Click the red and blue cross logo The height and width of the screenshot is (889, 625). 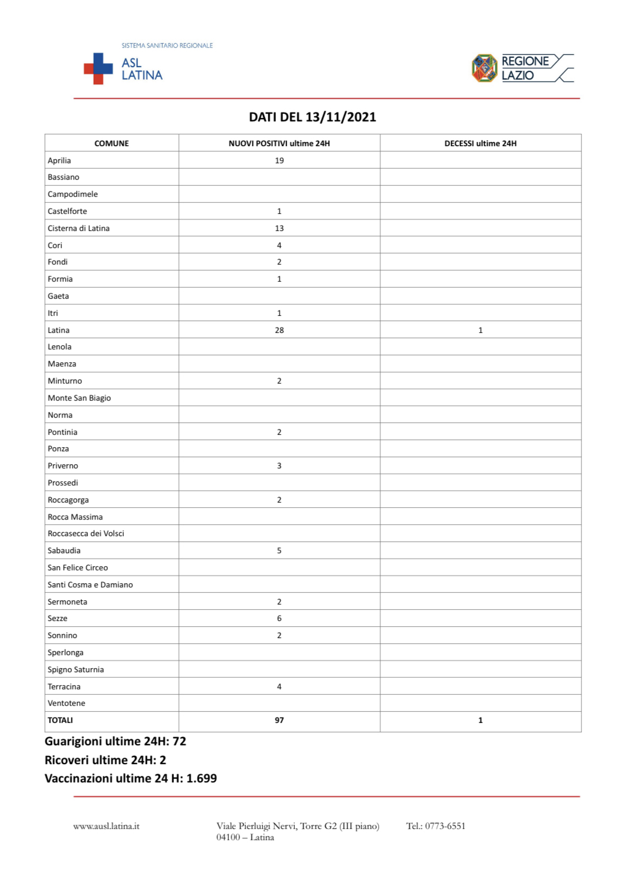(x=98, y=68)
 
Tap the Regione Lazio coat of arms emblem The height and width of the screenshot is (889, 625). (x=485, y=68)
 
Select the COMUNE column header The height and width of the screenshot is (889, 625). (x=111, y=143)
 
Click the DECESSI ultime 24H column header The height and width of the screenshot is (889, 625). (x=480, y=143)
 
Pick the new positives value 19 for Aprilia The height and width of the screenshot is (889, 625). (x=279, y=160)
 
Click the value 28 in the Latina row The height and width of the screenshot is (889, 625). (x=279, y=331)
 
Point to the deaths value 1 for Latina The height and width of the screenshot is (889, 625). (x=481, y=331)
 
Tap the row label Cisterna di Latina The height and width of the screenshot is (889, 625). (x=78, y=229)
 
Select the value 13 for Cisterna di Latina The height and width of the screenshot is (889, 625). (x=279, y=229)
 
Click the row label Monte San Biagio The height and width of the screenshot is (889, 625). (x=79, y=398)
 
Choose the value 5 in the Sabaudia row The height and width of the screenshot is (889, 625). (x=279, y=551)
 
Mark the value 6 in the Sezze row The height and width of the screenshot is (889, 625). (x=279, y=619)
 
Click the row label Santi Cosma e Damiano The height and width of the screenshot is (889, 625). (x=90, y=585)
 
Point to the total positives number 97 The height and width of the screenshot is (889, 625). (x=279, y=721)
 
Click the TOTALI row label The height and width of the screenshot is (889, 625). (x=60, y=721)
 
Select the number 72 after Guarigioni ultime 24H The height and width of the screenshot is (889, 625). (x=179, y=742)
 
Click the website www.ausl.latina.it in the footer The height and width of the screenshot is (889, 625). (x=106, y=827)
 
